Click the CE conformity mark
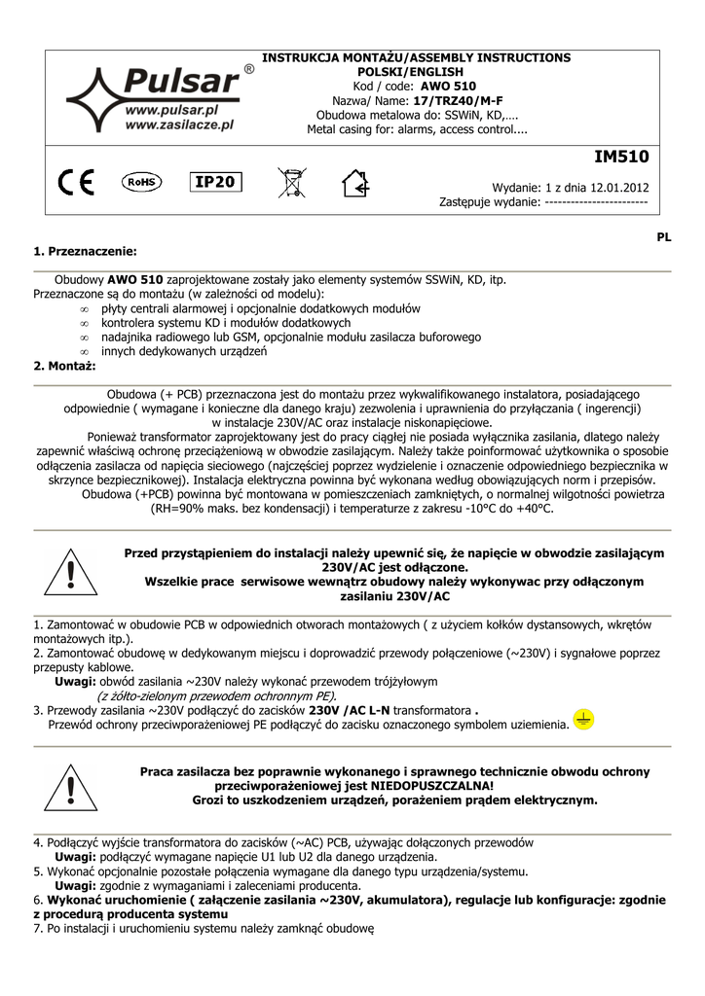(75, 182)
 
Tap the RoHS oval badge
(142, 181)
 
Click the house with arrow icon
(354, 182)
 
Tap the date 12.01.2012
(620, 188)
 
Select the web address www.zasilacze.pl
(180, 125)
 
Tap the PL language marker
(663, 236)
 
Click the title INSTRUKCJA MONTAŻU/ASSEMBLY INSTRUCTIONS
(417, 58)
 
